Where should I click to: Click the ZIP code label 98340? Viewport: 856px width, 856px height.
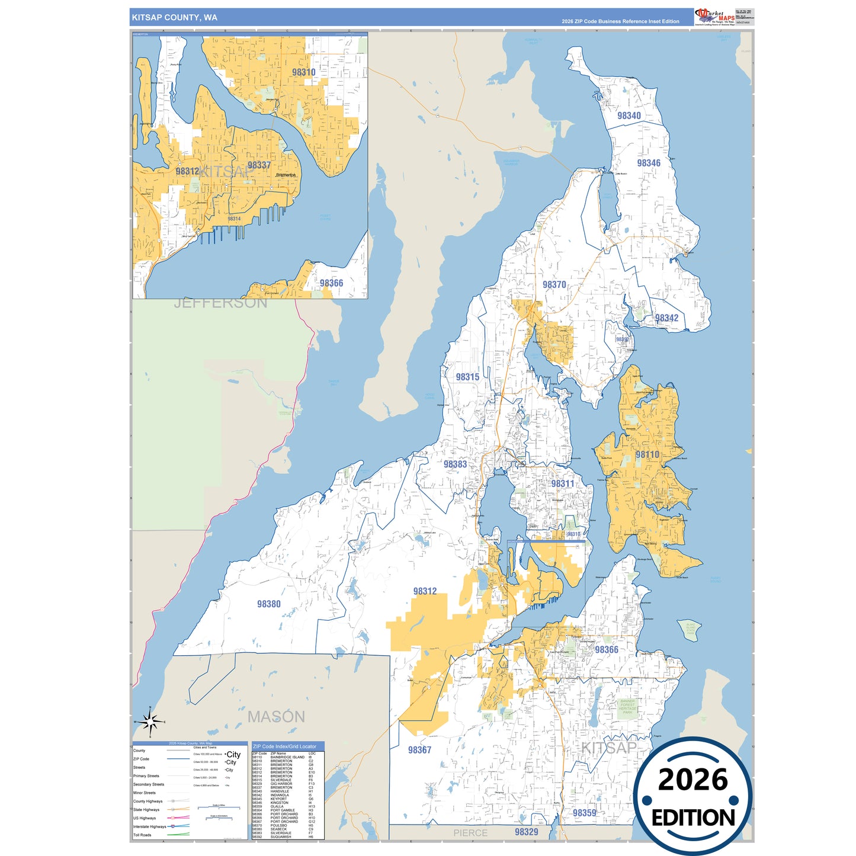pos(629,116)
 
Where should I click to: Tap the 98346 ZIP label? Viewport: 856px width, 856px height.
pos(649,163)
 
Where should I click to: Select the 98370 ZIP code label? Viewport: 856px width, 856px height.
pos(554,284)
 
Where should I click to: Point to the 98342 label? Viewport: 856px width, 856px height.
pos(666,318)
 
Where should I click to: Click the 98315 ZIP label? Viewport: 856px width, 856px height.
pos(467,377)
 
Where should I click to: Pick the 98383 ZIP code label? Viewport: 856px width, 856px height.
pos(455,464)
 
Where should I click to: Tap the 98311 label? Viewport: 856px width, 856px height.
pos(562,483)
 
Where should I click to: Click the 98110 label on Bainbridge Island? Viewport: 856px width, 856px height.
pos(647,454)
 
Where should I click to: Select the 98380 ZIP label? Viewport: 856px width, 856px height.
pos(268,604)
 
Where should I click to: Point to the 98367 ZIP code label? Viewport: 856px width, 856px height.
pos(419,749)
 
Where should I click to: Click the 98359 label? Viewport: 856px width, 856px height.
pos(584,813)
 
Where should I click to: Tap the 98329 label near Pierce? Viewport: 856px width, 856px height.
pos(526,832)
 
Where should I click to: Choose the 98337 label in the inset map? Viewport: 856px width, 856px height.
pos(259,165)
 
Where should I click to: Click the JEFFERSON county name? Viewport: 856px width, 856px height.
pos(220,303)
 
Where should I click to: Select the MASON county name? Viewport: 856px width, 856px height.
pos(276,717)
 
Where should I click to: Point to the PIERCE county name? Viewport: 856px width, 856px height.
pos(470,833)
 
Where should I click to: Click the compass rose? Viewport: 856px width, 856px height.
pos(150,722)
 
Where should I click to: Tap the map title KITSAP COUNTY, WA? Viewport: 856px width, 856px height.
pos(174,18)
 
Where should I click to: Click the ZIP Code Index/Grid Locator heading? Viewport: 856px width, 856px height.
pos(284,746)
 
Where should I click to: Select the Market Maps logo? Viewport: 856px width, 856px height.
pos(715,17)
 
